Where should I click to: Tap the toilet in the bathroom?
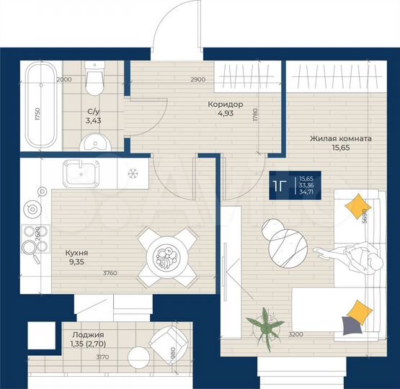point(94,79)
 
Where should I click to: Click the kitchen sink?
point(79,174)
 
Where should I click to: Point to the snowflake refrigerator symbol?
point(132,174)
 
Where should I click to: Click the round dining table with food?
point(166,256)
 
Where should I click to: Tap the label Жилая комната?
point(341,138)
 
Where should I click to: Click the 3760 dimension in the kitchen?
point(110,272)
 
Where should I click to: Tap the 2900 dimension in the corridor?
point(198,79)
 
